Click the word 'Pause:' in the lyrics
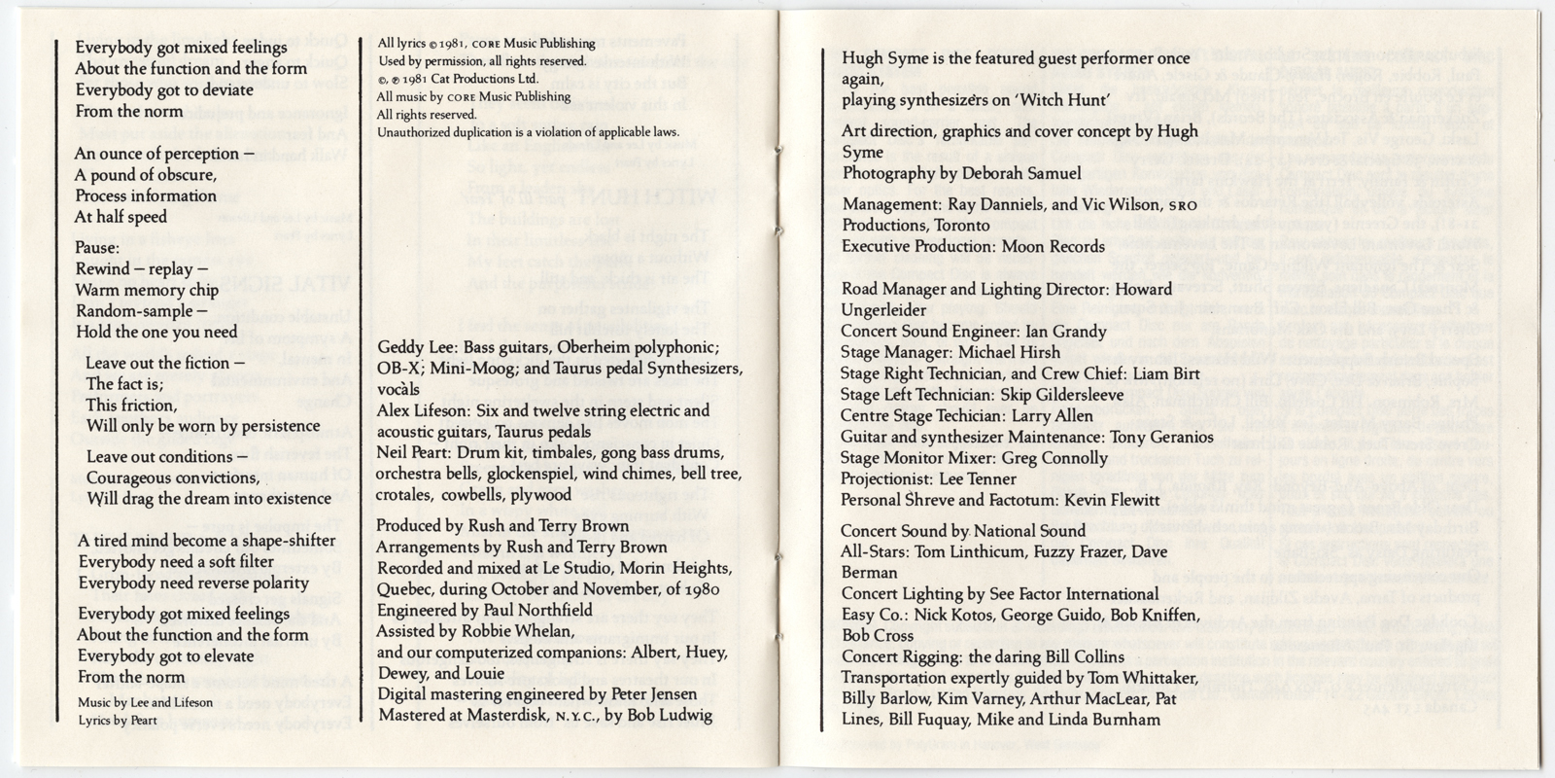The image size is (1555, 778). (97, 247)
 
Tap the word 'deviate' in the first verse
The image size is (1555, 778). (221, 89)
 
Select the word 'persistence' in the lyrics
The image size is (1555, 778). (275, 426)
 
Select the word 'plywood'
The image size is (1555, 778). (540, 495)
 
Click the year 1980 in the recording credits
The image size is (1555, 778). (696, 589)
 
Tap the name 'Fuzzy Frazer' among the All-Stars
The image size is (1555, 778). (1079, 552)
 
